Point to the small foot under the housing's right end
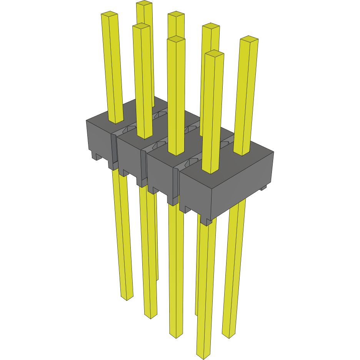pos(263,188)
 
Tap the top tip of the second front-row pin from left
pos(141,26)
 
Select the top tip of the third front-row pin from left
pos(176,38)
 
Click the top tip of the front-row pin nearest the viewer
pos(214,53)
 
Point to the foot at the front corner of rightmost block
pos(207,222)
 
